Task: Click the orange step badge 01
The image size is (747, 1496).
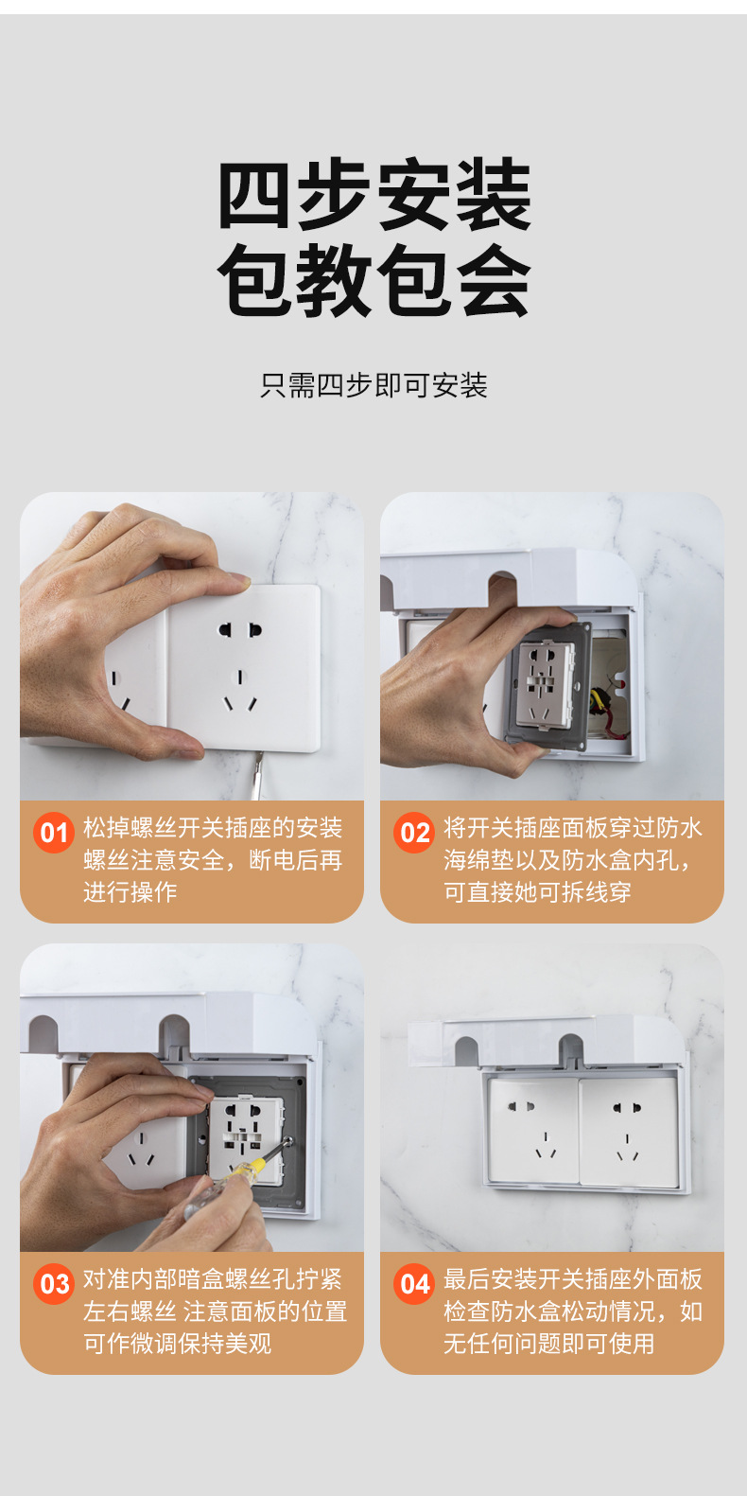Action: pyautogui.click(x=54, y=833)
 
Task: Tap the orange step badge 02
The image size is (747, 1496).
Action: pyautogui.click(x=414, y=833)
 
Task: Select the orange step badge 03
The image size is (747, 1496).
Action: pyautogui.click(x=54, y=1284)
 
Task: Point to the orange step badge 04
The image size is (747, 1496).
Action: pyautogui.click(x=414, y=1284)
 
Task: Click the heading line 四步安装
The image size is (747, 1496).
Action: pyautogui.click(x=373, y=195)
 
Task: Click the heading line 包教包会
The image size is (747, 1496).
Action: pyautogui.click(x=373, y=281)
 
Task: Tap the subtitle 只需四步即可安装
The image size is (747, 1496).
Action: pyautogui.click(x=373, y=385)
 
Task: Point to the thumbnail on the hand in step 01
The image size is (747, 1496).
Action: pyautogui.click(x=236, y=580)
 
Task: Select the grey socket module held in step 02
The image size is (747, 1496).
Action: pyautogui.click(x=547, y=685)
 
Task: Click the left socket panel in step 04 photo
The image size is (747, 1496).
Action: pyautogui.click(x=532, y=1131)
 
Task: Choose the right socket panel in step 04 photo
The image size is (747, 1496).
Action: pyautogui.click(x=628, y=1133)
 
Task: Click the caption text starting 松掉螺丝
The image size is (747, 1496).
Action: pyautogui.click(x=212, y=828)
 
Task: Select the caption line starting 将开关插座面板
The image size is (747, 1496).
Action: pyautogui.click(x=572, y=828)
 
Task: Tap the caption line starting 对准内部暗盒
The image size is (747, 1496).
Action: pyautogui.click(x=212, y=1279)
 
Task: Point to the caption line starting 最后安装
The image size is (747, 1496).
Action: pyautogui.click(x=572, y=1279)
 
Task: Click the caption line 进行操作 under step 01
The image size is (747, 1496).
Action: pyautogui.click(x=130, y=892)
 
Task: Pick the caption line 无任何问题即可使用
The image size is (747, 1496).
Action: pyautogui.click(x=548, y=1344)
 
